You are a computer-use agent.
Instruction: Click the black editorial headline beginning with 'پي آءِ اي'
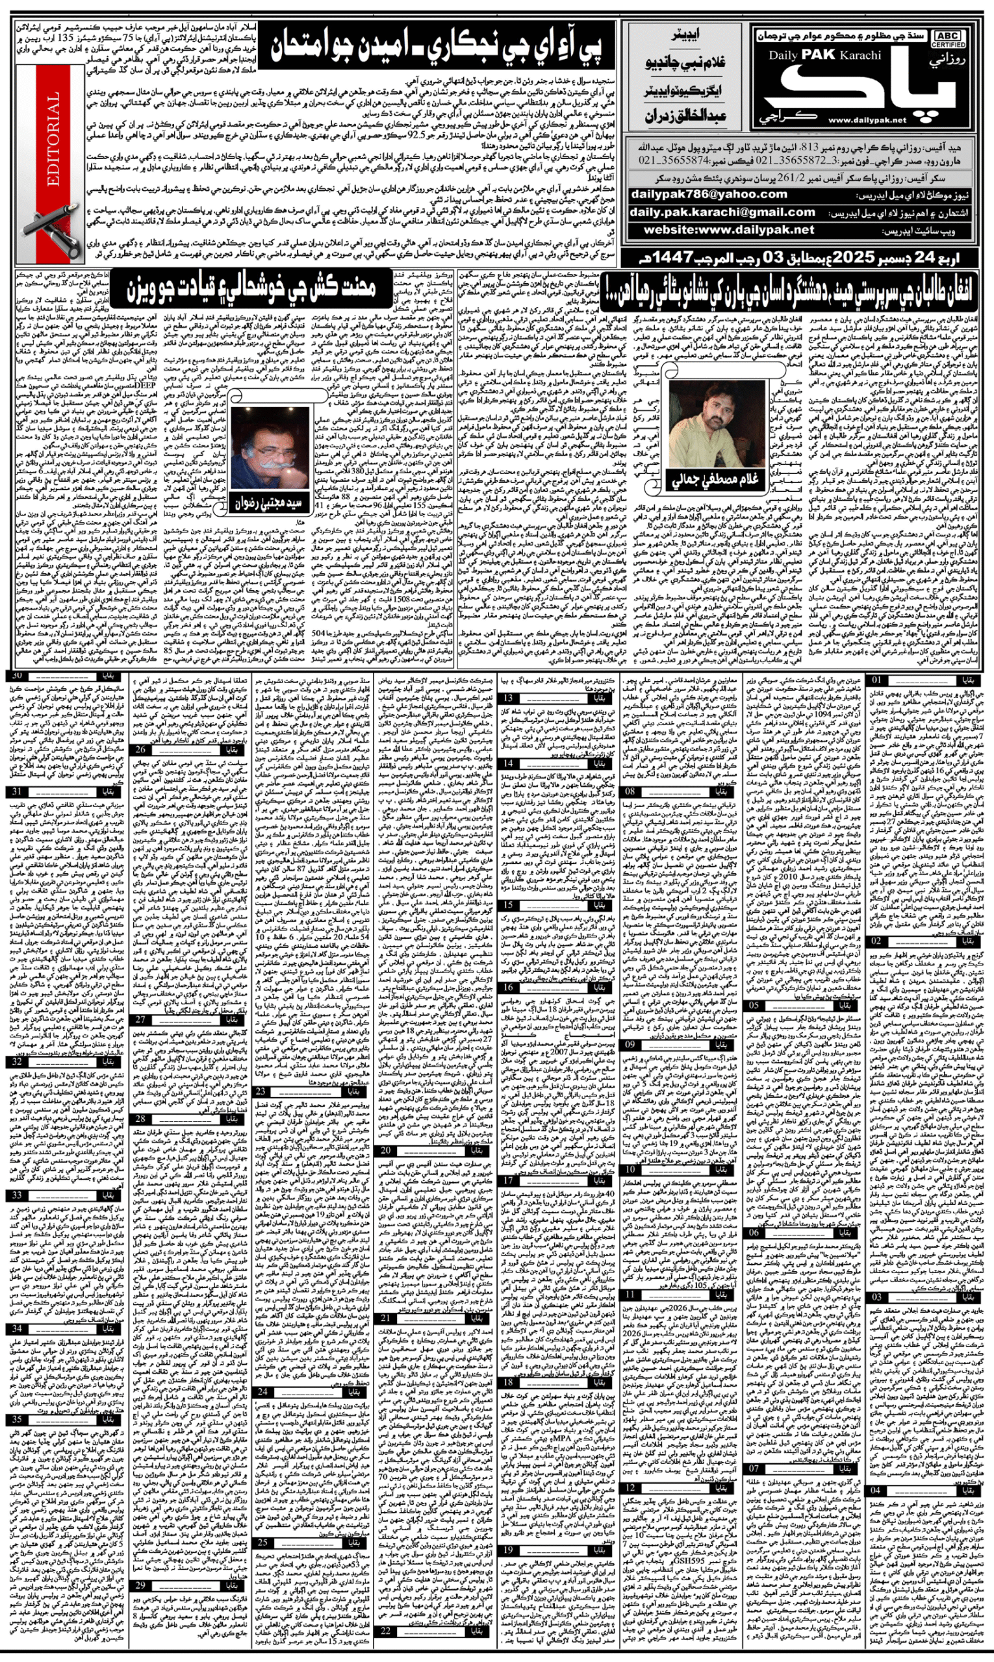pyautogui.click(x=436, y=46)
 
